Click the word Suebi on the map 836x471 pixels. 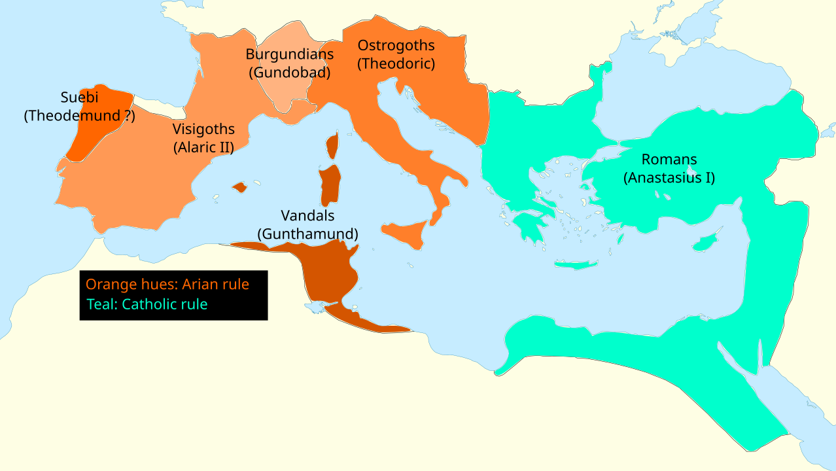point(79,99)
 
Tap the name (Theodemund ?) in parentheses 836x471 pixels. point(79,116)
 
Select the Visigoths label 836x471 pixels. point(203,130)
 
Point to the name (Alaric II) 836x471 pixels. point(203,147)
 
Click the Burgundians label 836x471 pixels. point(290,54)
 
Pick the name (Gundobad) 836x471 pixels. point(290,73)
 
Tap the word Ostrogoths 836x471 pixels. point(396,46)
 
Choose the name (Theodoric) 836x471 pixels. point(396,63)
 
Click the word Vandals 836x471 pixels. point(307,215)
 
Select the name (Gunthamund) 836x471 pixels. point(307,234)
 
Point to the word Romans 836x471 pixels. point(669,160)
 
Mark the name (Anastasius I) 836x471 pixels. point(669,177)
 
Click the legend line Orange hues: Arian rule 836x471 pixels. point(167,285)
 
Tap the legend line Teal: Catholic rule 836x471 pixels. point(147,304)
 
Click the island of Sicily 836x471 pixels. point(406,233)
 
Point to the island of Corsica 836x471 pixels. point(332,146)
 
